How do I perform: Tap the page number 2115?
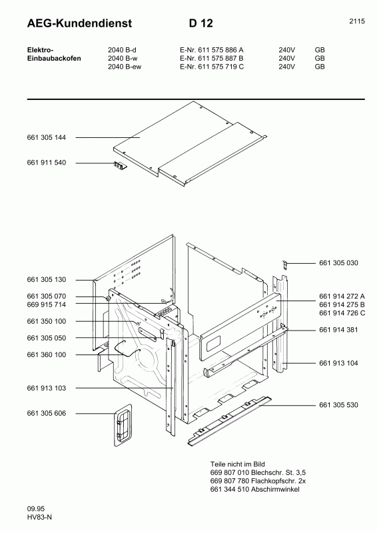point(356,21)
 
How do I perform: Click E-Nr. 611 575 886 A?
point(212,49)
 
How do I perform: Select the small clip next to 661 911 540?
point(120,165)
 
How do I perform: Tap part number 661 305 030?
point(338,263)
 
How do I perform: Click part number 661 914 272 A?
point(342,296)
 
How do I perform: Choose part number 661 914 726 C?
point(342,312)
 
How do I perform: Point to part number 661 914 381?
point(338,330)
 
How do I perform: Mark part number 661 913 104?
point(338,363)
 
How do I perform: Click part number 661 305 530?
point(338,405)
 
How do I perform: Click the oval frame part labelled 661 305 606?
point(122,424)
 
